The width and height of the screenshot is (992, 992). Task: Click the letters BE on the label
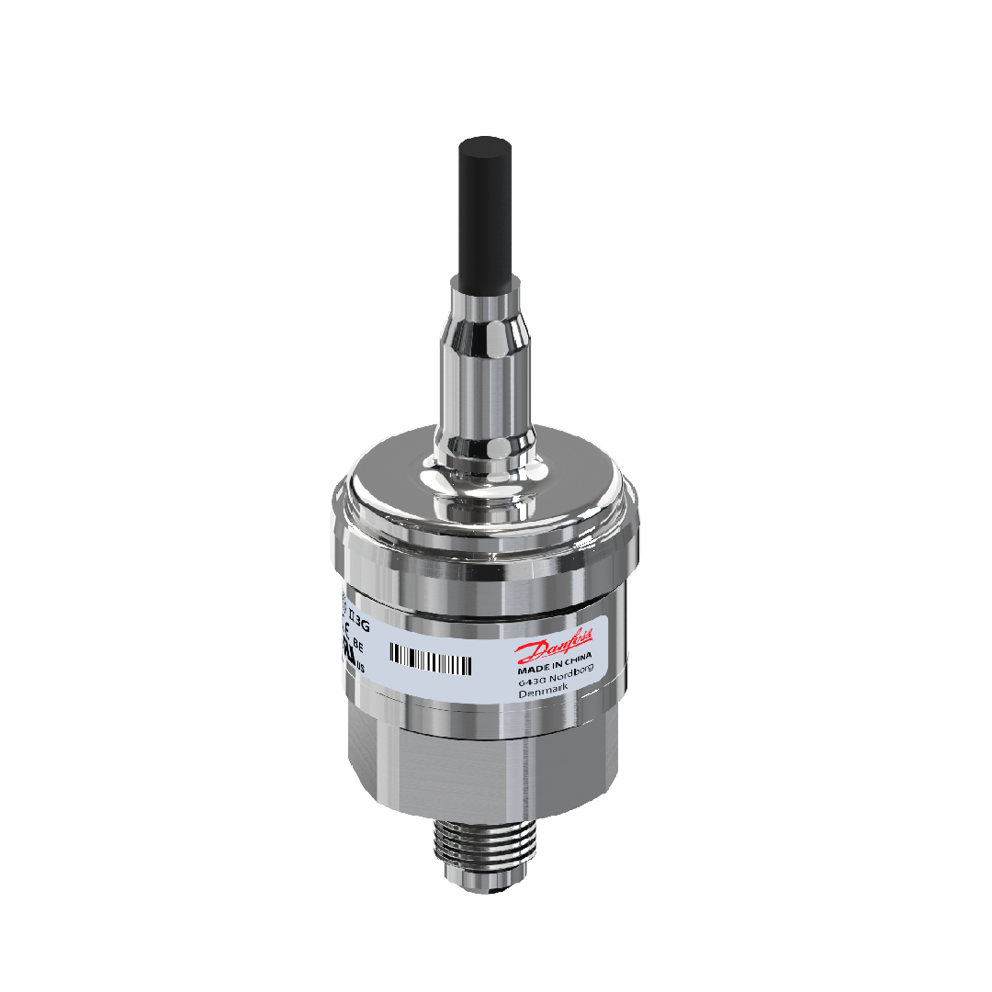(x=357, y=646)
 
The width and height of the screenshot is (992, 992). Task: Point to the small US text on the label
(x=359, y=668)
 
